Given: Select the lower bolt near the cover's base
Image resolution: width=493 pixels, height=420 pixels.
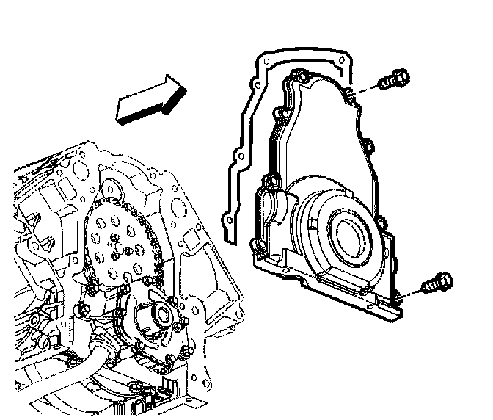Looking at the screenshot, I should pyautogui.click(x=437, y=282).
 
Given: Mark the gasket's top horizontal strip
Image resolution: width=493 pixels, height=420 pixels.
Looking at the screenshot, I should pyautogui.click(x=301, y=53).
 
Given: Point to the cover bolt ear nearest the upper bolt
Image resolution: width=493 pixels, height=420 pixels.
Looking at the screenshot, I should pyautogui.click(x=351, y=93).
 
